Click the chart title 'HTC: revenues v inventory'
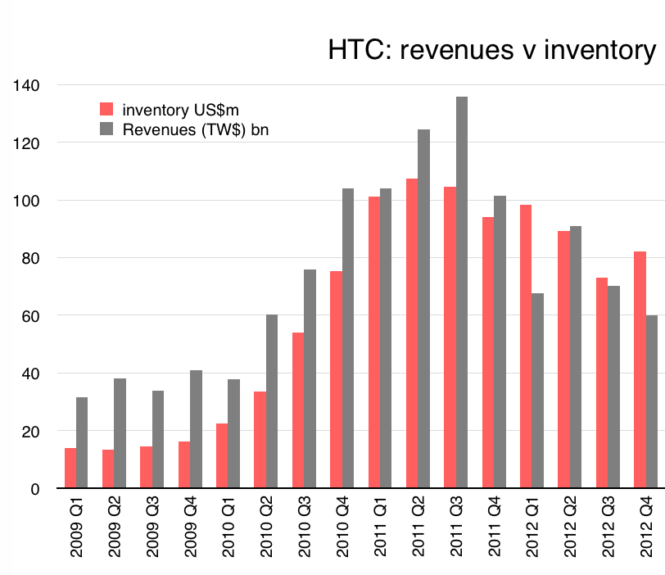click(x=491, y=51)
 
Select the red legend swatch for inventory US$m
click(x=106, y=109)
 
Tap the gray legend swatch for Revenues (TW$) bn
click(x=106, y=129)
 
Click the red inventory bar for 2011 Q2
click(x=412, y=333)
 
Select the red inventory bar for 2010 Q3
click(x=298, y=410)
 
